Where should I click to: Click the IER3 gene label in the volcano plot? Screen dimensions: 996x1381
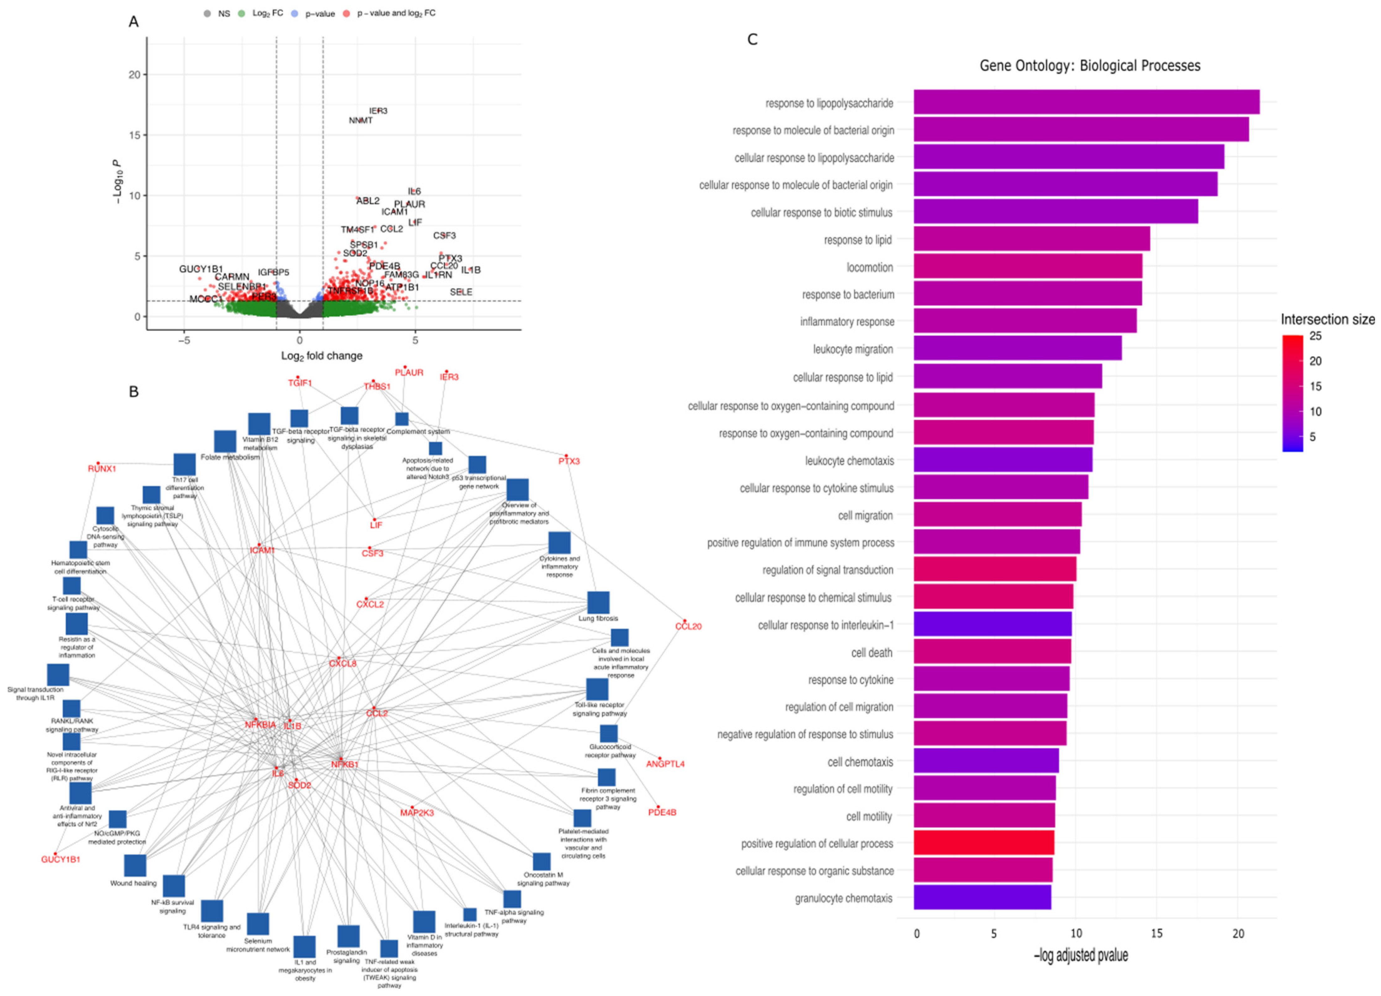click(378, 111)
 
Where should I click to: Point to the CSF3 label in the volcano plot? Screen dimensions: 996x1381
click(445, 236)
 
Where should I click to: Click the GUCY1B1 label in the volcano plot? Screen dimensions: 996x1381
click(201, 269)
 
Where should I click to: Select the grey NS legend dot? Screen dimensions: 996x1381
click(208, 13)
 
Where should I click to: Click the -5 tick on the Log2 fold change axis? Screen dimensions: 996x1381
click(184, 340)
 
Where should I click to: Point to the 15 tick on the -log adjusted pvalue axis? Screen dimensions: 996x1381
click(1156, 933)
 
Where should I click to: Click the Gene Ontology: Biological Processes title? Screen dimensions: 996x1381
click(1089, 66)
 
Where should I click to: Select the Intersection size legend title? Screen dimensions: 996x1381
click(1327, 320)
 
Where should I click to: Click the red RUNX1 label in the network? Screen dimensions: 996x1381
click(102, 469)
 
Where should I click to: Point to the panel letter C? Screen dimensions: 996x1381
click(752, 39)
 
